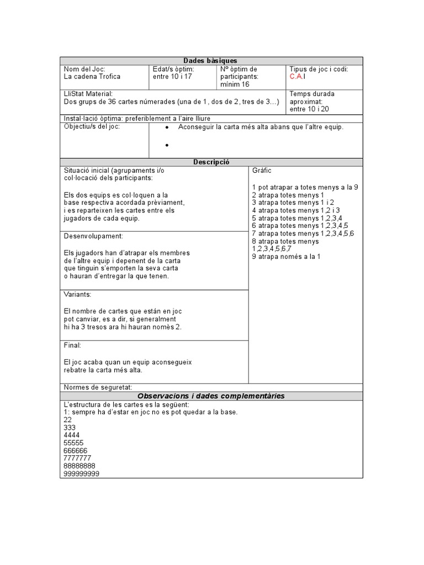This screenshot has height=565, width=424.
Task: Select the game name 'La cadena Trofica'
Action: [92, 77]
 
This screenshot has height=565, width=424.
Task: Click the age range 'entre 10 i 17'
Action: [173, 77]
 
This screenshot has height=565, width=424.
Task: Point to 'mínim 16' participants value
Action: [235, 84]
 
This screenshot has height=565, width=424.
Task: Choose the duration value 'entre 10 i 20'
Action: [310, 109]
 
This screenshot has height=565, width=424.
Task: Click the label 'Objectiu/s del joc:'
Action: [92, 127]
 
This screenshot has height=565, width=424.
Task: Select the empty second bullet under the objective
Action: [166, 146]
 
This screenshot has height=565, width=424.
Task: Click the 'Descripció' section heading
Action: [211, 162]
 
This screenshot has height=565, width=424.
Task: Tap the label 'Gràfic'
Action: [262, 171]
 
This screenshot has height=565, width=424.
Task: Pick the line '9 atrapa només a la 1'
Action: [286, 257]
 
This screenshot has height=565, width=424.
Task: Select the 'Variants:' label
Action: [77, 295]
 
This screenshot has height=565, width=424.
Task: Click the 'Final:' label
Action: [72, 345]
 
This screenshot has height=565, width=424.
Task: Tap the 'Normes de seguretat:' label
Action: [98, 387]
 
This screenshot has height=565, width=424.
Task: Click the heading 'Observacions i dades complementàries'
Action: [211, 396]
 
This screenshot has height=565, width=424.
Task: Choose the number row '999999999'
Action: [82, 473]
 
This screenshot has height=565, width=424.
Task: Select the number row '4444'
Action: [72, 435]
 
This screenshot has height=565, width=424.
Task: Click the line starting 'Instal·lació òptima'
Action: [137, 118]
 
